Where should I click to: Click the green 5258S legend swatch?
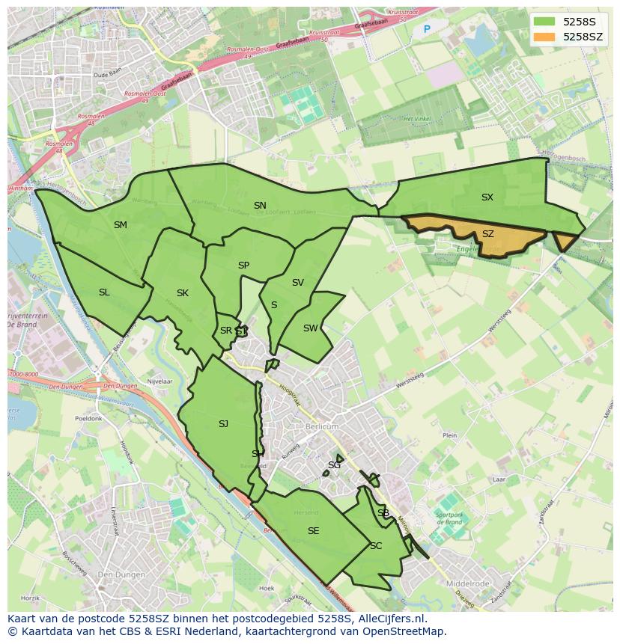point(544,22)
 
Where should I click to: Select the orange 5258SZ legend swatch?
point(544,37)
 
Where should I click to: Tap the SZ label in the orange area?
point(487,234)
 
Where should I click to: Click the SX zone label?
point(487,197)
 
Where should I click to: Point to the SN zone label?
point(260,206)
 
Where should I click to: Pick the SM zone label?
point(121,225)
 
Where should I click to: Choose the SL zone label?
point(104,292)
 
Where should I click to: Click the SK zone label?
point(183,293)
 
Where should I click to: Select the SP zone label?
point(243,266)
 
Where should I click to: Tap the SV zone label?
point(298,283)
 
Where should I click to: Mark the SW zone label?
point(310,328)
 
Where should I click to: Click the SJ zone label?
point(223,424)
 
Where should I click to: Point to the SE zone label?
point(313,531)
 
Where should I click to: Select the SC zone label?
point(376,546)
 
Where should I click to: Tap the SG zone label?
point(334,465)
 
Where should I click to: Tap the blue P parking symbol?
point(427,30)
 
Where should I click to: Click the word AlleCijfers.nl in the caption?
point(392,619)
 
